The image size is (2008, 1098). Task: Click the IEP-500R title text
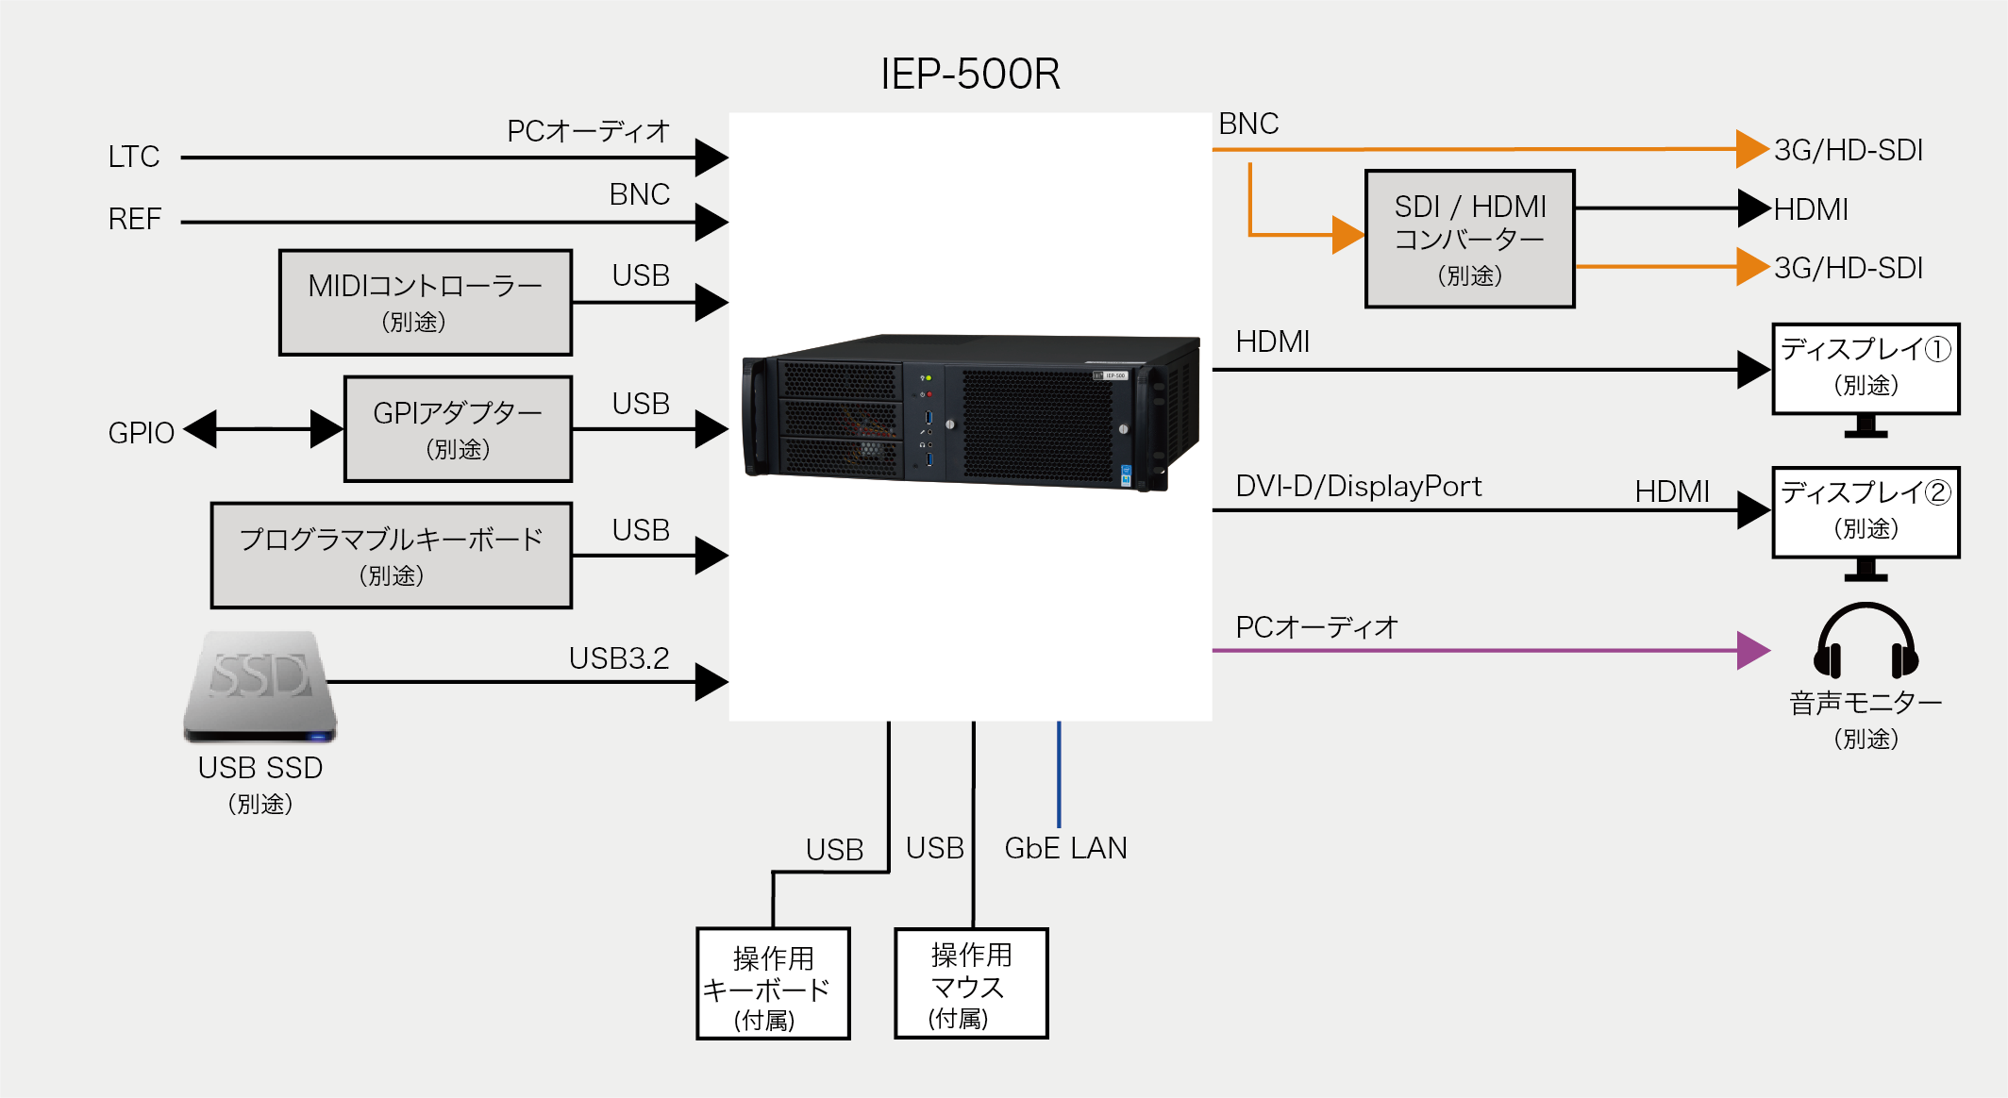point(970,74)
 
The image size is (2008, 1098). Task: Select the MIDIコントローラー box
point(426,302)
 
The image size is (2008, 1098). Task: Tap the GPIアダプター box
point(458,429)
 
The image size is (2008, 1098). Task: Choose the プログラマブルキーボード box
point(392,555)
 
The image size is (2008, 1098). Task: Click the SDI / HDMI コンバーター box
point(1469,239)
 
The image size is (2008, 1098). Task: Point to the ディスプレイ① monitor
point(1866,370)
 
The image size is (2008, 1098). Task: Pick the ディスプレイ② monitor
point(1866,513)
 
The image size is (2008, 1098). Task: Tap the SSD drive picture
point(260,686)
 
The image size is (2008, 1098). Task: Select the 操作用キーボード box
point(773,984)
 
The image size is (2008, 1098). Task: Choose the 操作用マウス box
point(971,984)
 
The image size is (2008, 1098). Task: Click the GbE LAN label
point(1065,848)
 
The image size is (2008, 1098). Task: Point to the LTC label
point(134,157)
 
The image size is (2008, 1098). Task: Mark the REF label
point(135,220)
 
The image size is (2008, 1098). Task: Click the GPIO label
point(142,433)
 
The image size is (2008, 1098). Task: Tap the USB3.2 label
point(619,658)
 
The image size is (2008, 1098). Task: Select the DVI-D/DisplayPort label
point(1359,487)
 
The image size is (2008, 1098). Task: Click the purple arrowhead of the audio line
point(1752,651)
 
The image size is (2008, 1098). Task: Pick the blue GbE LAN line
point(1059,774)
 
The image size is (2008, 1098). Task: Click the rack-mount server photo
point(971,412)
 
